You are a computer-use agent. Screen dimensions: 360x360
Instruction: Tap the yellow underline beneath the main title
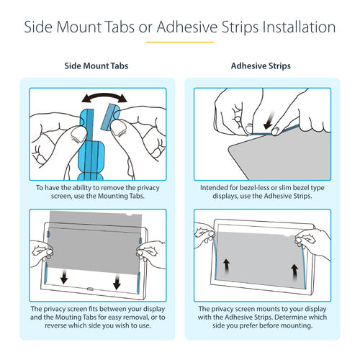click(180, 42)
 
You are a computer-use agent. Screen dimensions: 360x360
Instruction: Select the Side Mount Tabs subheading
click(96, 66)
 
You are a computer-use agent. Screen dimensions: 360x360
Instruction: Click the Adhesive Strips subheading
click(261, 66)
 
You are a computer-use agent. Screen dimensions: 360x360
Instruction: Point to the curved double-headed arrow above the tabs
click(104, 96)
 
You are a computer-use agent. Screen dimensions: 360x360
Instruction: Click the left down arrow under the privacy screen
click(64, 276)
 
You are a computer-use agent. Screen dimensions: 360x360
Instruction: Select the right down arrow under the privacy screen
click(117, 282)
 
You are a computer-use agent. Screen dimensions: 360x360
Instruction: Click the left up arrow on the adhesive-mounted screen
click(226, 266)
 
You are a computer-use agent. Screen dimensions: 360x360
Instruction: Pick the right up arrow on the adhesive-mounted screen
click(295, 272)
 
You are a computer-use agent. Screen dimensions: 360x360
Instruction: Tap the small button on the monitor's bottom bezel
click(90, 289)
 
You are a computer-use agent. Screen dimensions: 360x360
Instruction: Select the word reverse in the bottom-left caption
click(55, 325)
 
